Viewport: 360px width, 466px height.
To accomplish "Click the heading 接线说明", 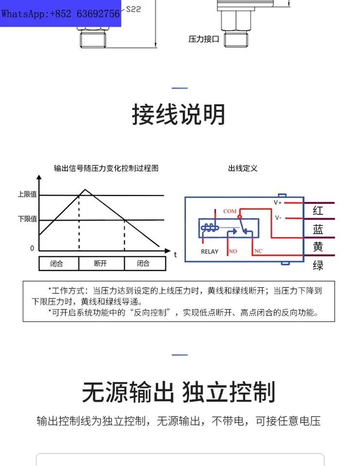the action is (x=179, y=115).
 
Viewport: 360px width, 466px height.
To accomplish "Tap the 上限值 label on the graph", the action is (x=27, y=194).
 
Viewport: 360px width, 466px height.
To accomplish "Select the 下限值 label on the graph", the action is (x=27, y=219).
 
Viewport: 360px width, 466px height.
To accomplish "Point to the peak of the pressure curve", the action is (x=85, y=189).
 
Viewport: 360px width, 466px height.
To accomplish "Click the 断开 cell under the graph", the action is (x=100, y=263).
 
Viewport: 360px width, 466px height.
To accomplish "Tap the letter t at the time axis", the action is (x=175, y=255).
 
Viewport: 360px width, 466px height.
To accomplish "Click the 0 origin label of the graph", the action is (x=32, y=248).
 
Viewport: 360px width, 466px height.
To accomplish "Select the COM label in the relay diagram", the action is (x=230, y=211).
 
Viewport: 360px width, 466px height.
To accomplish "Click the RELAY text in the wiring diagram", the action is (x=210, y=252).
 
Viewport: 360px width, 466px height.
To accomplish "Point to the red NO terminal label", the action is (x=233, y=251).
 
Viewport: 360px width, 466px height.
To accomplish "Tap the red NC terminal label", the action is (x=258, y=251).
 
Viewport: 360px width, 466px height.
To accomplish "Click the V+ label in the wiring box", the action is (x=278, y=202).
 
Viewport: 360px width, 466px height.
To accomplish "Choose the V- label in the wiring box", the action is (x=278, y=218).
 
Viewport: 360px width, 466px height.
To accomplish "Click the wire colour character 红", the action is (x=318, y=211).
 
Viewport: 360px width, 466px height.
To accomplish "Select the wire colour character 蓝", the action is (x=318, y=230).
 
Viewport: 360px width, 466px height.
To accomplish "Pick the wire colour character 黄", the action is (x=318, y=247).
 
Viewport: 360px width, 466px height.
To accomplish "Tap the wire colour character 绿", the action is (x=318, y=265).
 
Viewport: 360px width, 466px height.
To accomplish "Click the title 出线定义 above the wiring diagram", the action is (x=243, y=168).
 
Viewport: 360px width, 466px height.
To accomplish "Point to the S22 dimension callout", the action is (x=133, y=9).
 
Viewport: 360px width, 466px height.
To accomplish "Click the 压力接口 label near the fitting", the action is (x=204, y=39).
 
